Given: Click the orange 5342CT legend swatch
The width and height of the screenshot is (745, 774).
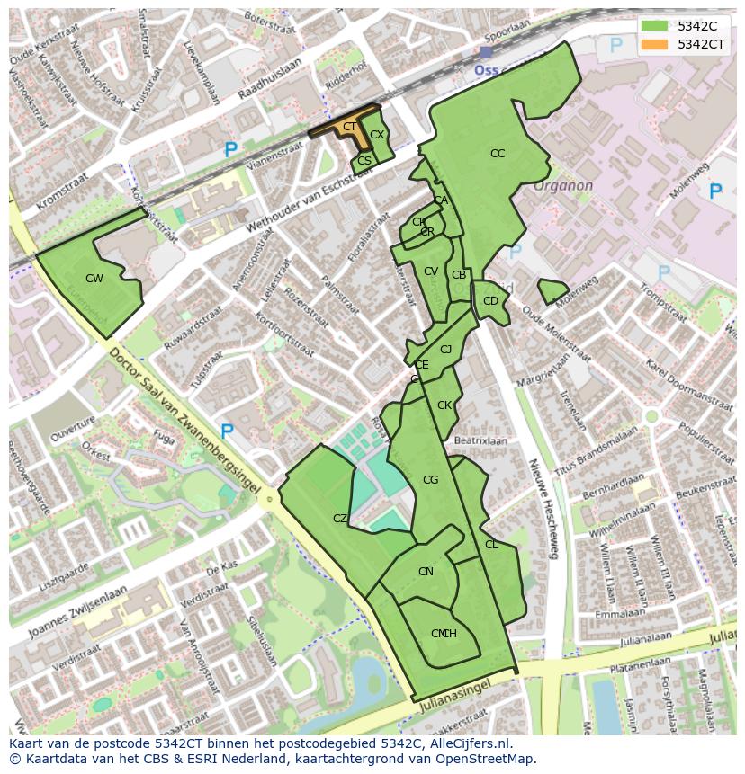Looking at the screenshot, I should pyautogui.click(x=654, y=44).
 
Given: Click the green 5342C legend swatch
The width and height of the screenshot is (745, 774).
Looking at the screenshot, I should pyautogui.click(x=654, y=26).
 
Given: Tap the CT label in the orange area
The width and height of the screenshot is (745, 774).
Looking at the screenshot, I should pyautogui.click(x=349, y=127).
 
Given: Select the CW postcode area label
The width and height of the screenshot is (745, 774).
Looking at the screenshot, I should pyautogui.click(x=94, y=279).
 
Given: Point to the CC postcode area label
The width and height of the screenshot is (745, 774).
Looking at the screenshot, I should pyautogui.click(x=498, y=154).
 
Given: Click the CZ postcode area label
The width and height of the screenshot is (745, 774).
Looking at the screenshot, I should pyautogui.click(x=340, y=519).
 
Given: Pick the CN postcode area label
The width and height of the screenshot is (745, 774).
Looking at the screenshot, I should pyautogui.click(x=426, y=572).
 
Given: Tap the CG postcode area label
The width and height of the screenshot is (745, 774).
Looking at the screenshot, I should pyautogui.click(x=430, y=480).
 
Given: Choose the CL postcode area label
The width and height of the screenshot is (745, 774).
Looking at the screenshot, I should pyautogui.click(x=491, y=545).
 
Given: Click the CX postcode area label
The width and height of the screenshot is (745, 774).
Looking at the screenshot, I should pyautogui.click(x=377, y=135).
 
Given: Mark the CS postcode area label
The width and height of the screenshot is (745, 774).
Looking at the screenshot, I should pyautogui.click(x=364, y=161).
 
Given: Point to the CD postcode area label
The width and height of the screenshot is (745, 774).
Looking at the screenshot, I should pyautogui.click(x=490, y=301).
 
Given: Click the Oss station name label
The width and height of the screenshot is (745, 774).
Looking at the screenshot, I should pyautogui.click(x=486, y=69).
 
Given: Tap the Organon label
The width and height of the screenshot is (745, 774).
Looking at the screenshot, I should pyautogui.click(x=562, y=186).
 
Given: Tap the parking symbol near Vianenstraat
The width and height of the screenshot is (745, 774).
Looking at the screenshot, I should pyautogui.click(x=230, y=151).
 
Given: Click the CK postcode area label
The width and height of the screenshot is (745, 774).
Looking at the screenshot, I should pyautogui.click(x=444, y=405).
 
